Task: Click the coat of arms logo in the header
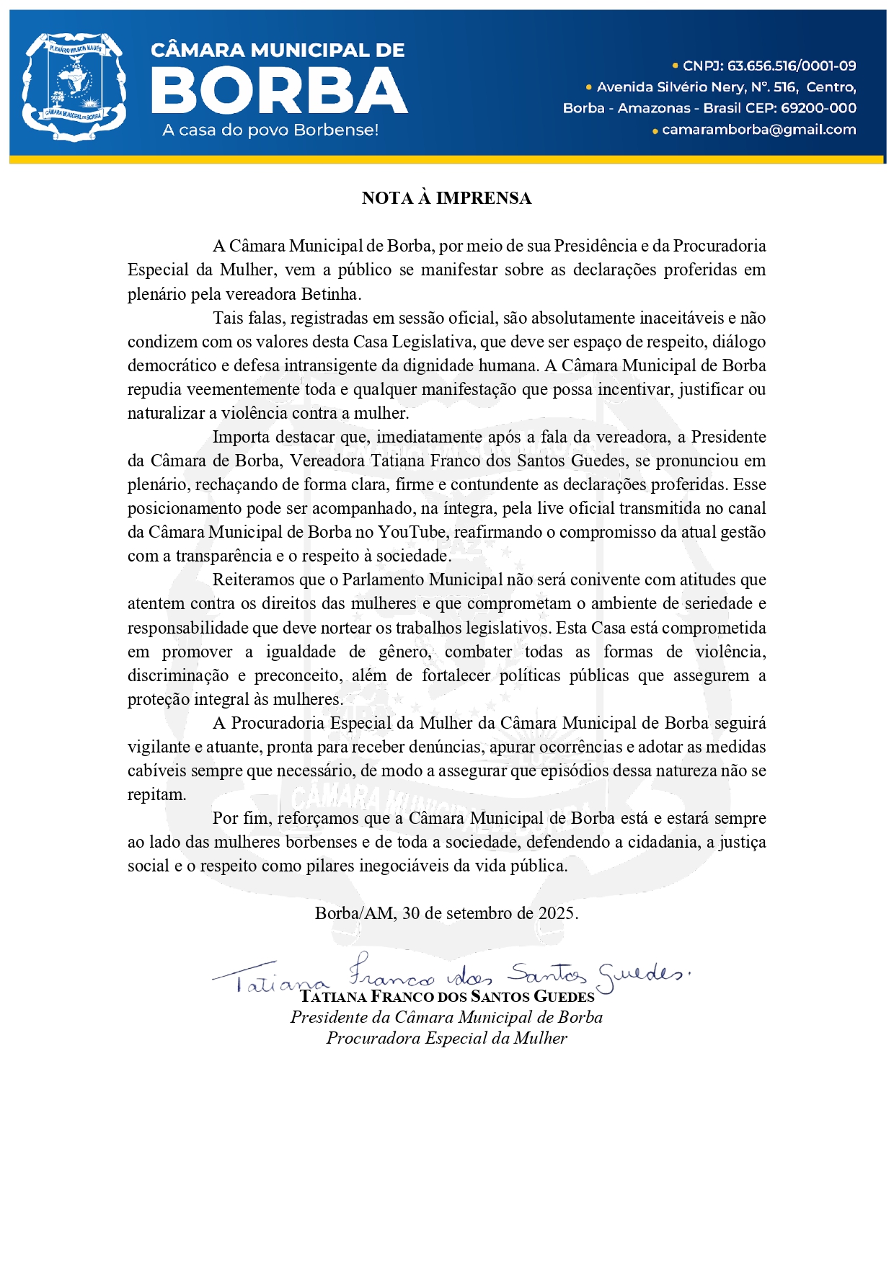coord(74,86)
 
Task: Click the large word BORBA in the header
coord(279,90)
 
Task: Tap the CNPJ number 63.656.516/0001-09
coord(792,66)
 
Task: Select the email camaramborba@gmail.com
coord(758,130)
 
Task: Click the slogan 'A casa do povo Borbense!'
coord(270,130)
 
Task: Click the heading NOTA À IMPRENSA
coord(446,198)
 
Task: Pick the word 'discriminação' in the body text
coord(178,675)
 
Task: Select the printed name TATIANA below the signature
coord(332,997)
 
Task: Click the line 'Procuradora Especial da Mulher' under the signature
coord(446,1038)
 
